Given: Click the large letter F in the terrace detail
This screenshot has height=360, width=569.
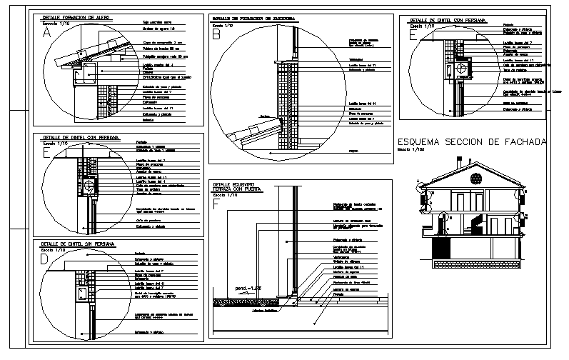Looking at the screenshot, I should click(x=217, y=204).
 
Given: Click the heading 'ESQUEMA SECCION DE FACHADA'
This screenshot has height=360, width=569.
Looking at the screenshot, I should click(x=471, y=142).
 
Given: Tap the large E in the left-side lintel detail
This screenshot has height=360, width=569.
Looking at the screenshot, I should click(x=46, y=151).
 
